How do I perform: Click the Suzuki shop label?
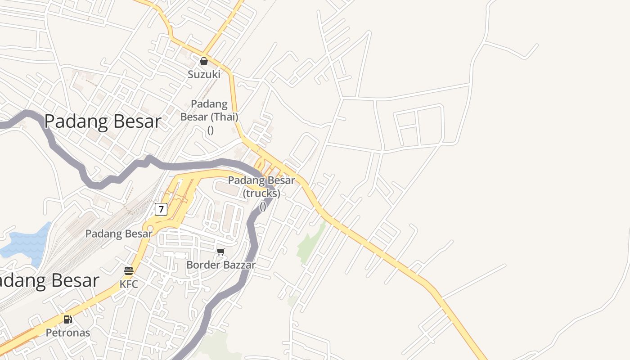[204, 74]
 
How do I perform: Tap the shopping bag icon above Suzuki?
[204, 61]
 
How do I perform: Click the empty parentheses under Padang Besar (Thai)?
[210, 130]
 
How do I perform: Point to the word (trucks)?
[261, 193]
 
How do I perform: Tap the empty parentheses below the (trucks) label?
[263, 207]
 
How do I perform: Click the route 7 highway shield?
[161, 209]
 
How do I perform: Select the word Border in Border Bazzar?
[201, 265]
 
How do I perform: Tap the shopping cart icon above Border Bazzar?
[220, 252]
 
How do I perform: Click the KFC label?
[129, 284]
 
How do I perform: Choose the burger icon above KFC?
[129, 271]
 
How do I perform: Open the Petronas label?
[68, 333]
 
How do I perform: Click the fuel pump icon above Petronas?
[67, 319]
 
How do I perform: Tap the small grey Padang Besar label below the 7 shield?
[119, 234]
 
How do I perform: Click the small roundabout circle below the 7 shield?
[149, 229]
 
